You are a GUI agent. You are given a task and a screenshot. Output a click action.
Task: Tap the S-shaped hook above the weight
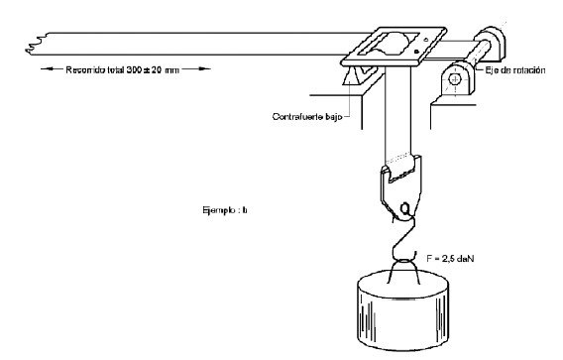pyautogui.click(x=405, y=237)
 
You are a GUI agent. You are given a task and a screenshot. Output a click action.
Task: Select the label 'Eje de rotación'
pyautogui.click(x=515, y=70)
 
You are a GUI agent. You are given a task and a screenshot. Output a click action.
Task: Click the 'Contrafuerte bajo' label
pyautogui.click(x=307, y=117)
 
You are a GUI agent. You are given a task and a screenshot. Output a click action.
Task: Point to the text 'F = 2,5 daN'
pyautogui.click(x=450, y=258)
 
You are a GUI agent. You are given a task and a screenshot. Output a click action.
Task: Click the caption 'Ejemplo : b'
pyautogui.click(x=225, y=210)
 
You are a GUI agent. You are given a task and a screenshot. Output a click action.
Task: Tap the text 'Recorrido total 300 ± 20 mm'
pyautogui.click(x=122, y=69)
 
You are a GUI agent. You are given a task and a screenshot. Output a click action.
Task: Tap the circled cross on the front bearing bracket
pyautogui.click(x=455, y=78)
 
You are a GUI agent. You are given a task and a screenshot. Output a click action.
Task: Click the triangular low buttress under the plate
pyautogui.click(x=351, y=76)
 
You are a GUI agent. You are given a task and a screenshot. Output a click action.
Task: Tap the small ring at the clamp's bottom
pyautogui.click(x=405, y=208)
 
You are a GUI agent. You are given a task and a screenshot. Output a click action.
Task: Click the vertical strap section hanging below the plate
pyautogui.click(x=397, y=115)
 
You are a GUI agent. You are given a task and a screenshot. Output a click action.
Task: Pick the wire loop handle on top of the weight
pyautogui.click(x=403, y=272)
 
